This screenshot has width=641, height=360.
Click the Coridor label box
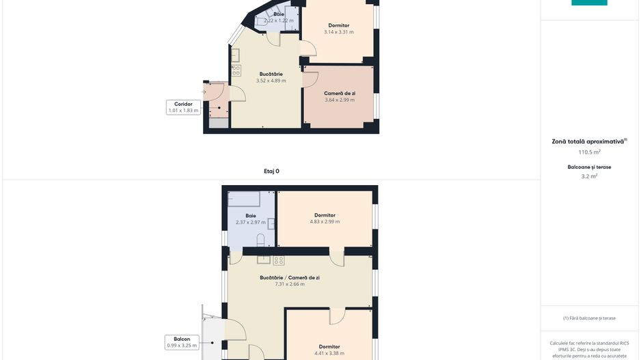pyautogui.click(x=184, y=107)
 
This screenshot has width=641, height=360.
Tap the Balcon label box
pyautogui.click(x=182, y=342)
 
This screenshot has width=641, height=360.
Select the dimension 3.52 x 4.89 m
pyautogui.click(x=271, y=81)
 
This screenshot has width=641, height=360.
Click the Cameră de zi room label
pyautogui.click(x=340, y=93)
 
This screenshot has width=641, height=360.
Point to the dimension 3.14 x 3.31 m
pyautogui.click(x=339, y=32)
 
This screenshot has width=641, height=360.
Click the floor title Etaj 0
pyautogui.click(x=271, y=171)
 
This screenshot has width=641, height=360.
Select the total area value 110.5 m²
pyautogui.click(x=589, y=152)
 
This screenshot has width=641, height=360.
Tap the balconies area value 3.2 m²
pyautogui.click(x=589, y=176)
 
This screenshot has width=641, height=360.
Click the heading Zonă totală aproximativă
pyautogui.click(x=588, y=142)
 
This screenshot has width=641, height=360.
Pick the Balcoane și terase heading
pyautogui.click(x=589, y=167)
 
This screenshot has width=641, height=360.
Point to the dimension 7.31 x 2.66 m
pyautogui.click(x=290, y=284)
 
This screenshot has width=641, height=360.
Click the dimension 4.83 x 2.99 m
pyautogui.click(x=325, y=221)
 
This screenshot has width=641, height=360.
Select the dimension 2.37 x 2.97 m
pyautogui.click(x=251, y=222)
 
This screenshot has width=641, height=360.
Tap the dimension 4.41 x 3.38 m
pyautogui.click(x=329, y=353)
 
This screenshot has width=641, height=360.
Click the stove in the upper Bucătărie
pyautogui.click(x=236, y=70)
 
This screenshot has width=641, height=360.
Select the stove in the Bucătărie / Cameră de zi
pyautogui.click(x=279, y=260)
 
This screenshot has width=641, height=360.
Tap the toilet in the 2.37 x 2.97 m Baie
pyautogui.click(x=261, y=240)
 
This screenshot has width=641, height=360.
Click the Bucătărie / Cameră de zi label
pyautogui.click(x=290, y=277)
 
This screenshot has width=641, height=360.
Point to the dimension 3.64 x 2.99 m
pyautogui.click(x=340, y=100)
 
